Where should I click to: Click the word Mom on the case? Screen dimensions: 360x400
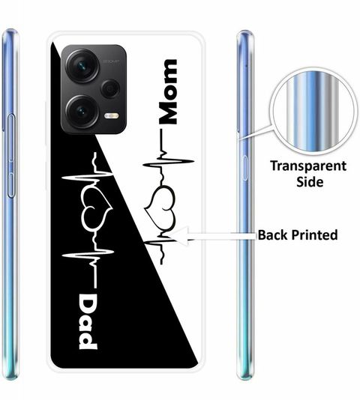[168, 91]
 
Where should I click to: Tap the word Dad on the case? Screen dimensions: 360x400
[88, 321]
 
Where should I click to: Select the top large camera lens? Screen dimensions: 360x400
[82, 66]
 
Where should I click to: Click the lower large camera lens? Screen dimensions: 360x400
[82, 111]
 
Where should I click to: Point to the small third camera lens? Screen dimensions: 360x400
[110, 88]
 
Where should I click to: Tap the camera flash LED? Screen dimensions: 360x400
[112, 116]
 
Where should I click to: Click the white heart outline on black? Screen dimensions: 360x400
[96, 210]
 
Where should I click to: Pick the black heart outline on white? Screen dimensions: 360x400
[160, 207]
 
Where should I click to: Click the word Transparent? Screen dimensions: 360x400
[308, 166]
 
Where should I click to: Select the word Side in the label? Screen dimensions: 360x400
[310, 182]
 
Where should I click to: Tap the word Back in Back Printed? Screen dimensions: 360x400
[273, 234]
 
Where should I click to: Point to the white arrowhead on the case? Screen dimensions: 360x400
[179, 236]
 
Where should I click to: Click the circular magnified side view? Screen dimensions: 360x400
[313, 112]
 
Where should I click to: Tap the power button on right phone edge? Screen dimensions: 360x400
[244, 168]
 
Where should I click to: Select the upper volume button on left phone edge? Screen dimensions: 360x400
[11, 138]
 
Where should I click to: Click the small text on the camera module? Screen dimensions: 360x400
[112, 61]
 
